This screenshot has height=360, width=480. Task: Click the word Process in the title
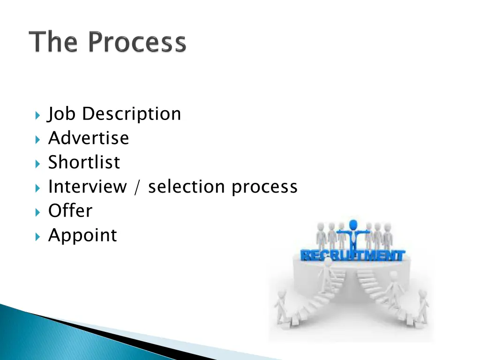tap(137, 42)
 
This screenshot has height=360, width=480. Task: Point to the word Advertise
tap(88, 138)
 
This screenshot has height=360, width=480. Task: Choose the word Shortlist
tap(84, 163)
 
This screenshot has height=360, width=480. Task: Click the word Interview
tap(87, 187)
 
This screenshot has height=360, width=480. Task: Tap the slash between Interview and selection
tap(137, 187)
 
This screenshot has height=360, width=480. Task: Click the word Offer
tap(70, 211)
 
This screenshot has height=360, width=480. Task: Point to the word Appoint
tap(82, 235)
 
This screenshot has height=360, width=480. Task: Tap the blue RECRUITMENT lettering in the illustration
tap(352, 255)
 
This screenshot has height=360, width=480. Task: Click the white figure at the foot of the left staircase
tap(281, 307)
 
